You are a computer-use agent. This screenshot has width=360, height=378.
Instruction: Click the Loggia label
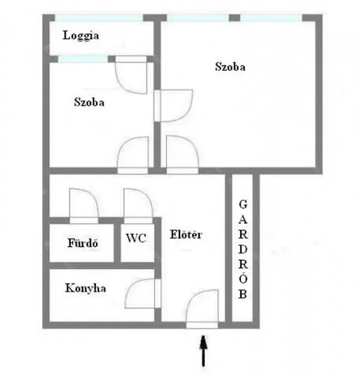point(81,35)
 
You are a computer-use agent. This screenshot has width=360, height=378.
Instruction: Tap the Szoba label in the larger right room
point(230,66)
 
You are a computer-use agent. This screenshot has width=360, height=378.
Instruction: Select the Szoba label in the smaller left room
point(89,102)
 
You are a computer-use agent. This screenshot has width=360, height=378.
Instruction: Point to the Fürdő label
point(83,243)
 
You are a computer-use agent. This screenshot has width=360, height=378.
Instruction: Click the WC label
point(136,238)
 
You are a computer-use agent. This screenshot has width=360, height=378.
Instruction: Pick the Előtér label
point(186,234)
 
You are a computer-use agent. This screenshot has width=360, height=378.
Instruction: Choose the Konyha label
point(85,288)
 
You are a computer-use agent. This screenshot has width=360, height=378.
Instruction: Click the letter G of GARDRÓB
point(243,204)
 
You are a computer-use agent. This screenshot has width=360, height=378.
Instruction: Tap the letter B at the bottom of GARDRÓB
point(242,294)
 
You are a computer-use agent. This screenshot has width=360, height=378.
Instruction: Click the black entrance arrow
point(204,351)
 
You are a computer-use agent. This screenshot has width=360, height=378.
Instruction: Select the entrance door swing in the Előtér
point(203,309)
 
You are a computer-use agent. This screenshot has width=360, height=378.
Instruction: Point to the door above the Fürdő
point(84,206)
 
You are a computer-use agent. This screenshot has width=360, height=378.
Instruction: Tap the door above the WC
point(138,206)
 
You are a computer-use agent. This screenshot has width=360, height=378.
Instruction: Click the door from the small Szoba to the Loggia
point(131,75)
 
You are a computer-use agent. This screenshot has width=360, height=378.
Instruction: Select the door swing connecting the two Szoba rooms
point(173,105)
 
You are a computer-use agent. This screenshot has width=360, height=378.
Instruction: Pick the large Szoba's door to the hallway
point(182,155)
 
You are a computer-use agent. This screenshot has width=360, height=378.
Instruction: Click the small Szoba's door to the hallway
point(133,155)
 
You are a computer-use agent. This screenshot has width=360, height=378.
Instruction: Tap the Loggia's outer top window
point(99,18)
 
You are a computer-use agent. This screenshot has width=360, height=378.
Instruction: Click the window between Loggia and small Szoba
point(83,59)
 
